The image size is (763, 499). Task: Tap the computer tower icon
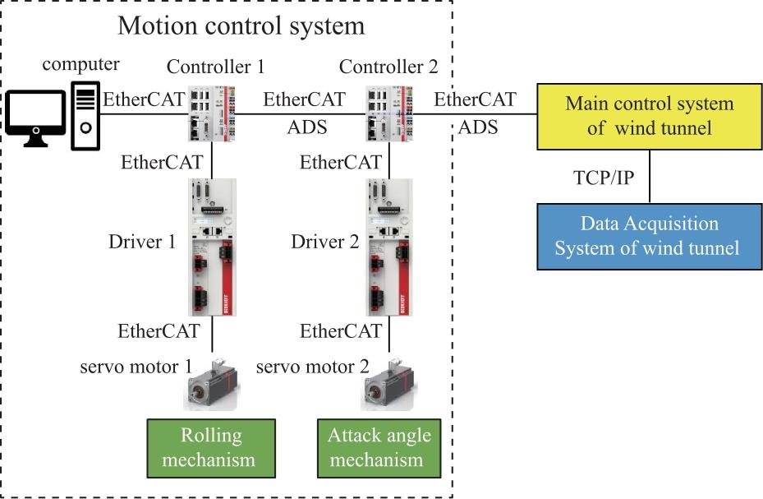tap(85, 116)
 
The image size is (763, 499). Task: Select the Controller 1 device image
tap(212, 114)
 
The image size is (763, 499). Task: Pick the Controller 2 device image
tap(389, 114)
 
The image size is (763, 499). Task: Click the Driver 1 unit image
tap(212, 247)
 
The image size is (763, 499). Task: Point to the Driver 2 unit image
tap(389, 247)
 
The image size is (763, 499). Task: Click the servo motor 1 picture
tap(212, 385)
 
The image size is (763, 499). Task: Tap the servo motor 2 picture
tap(388, 385)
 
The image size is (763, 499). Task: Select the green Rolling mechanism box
tap(211, 448)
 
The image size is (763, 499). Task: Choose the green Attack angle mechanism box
tap(379, 448)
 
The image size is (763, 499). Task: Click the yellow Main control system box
tap(649, 117)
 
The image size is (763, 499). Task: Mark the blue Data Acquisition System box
tap(649, 237)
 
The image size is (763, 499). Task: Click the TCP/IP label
tap(604, 178)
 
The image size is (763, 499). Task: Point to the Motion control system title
tap(241, 25)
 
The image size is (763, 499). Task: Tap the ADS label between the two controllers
tap(307, 127)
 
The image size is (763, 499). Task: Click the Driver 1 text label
tap(142, 242)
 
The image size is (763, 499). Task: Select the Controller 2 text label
tap(388, 67)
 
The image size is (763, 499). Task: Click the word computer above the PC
tap(80, 64)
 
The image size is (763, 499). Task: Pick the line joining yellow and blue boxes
tap(650, 176)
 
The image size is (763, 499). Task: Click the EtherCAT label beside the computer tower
tap(144, 99)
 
